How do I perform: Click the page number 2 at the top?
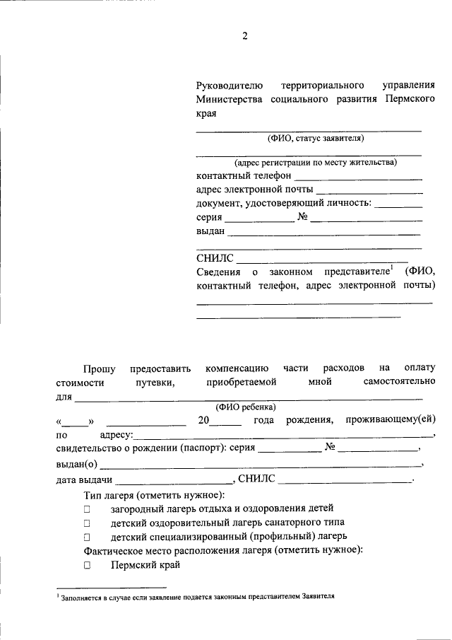(245, 37)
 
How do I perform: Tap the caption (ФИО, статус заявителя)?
(309, 138)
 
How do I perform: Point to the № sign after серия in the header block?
(303, 217)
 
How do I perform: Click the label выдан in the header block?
(210, 231)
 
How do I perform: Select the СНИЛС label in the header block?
(213, 259)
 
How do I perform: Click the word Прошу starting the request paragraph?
(98, 368)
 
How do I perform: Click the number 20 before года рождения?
(203, 421)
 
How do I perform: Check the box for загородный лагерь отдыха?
(87, 508)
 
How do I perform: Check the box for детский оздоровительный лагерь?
(87, 523)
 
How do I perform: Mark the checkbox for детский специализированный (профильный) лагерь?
(87, 537)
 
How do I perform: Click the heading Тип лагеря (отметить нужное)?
(153, 494)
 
